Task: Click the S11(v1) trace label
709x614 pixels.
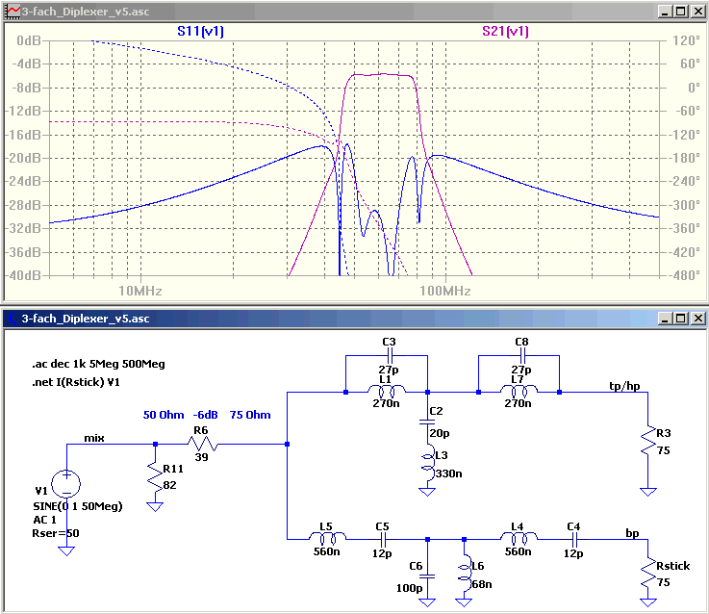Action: click(x=200, y=31)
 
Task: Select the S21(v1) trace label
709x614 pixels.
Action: click(x=505, y=31)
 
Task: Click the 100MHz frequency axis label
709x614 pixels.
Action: click(x=445, y=291)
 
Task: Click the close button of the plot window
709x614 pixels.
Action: click(x=698, y=12)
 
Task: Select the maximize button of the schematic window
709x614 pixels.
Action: click(x=680, y=319)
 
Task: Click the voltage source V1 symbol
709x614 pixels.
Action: click(x=66, y=484)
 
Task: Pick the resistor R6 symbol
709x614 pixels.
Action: click(x=203, y=444)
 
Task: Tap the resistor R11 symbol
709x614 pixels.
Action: click(x=155, y=476)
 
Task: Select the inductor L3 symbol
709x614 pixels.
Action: click(x=427, y=465)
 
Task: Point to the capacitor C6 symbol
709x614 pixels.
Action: click(x=427, y=576)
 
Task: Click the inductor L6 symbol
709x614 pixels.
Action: click(x=465, y=573)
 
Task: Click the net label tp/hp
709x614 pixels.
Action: click(x=624, y=386)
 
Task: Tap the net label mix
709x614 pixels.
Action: click(x=94, y=438)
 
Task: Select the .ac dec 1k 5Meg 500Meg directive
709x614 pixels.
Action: click(x=98, y=364)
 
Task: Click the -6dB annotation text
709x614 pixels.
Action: click(x=206, y=415)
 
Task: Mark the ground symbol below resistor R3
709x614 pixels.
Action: click(x=648, y=492)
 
